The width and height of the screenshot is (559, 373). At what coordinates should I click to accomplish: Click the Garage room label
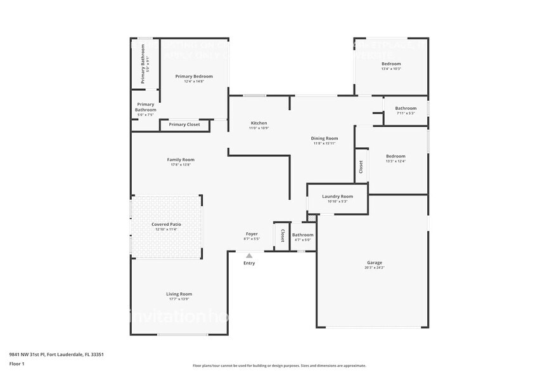(x=374, y=263)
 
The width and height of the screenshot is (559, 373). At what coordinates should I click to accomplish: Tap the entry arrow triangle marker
(x=249, y=256)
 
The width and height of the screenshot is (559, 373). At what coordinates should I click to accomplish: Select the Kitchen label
(x=259, y=123)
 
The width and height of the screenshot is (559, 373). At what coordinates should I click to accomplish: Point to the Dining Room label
(x=324, y=138)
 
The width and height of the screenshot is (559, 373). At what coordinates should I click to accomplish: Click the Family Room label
(x=181, y=160)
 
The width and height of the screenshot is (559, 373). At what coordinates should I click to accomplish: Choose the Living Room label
(x=179, y=294)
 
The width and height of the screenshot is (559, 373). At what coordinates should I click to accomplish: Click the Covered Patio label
(x=166, y=225)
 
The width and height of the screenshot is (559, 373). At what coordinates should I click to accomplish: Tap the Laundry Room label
(x=337, y=197)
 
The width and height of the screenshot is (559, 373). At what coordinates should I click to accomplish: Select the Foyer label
(x=252, y=234)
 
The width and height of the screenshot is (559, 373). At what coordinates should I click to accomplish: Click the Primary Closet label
(x=184, y=124)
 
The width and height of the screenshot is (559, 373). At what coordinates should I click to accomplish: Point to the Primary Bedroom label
(x=194, y=76)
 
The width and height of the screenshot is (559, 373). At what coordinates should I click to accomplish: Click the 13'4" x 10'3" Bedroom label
(x=391, y=64)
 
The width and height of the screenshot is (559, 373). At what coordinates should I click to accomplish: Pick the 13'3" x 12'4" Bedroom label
(x=395, y=156)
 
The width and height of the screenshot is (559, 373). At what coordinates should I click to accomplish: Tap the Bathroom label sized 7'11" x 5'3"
(x=406, y=108)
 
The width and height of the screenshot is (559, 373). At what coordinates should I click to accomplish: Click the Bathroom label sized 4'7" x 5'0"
(x=302, y=235)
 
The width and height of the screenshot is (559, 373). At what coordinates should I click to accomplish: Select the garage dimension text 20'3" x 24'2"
(x=374, y=268)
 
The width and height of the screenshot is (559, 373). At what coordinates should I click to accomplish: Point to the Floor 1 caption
(x=16, y=363)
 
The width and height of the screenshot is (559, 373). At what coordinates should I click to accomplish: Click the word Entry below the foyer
(x=249, y=263)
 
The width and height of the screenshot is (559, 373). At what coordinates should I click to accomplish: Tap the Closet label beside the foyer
(x=282, y=235)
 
